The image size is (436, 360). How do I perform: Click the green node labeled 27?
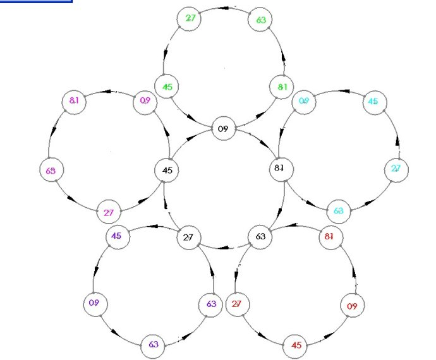pos(190,18)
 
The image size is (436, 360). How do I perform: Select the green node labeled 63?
pos(260,20)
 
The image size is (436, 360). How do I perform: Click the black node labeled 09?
pos(222,129)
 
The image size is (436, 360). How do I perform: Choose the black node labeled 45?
pos(167,170)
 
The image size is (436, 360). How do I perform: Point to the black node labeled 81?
pos(279,168)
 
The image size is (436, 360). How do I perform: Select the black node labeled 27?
pos(188,237)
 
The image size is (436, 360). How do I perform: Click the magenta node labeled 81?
pos(75,101)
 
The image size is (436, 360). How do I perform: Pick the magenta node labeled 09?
pos(145,100)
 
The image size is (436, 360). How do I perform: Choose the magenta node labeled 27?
pos(109,212)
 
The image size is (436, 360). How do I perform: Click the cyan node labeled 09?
pos(304,101)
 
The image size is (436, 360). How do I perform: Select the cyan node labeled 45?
pos(373,102)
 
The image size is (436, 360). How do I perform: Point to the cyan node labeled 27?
pos(396,169)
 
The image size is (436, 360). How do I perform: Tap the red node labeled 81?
pos(328,237)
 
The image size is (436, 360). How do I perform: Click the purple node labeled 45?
pos(117,236)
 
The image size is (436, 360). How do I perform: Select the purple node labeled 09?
pos(94,303)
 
